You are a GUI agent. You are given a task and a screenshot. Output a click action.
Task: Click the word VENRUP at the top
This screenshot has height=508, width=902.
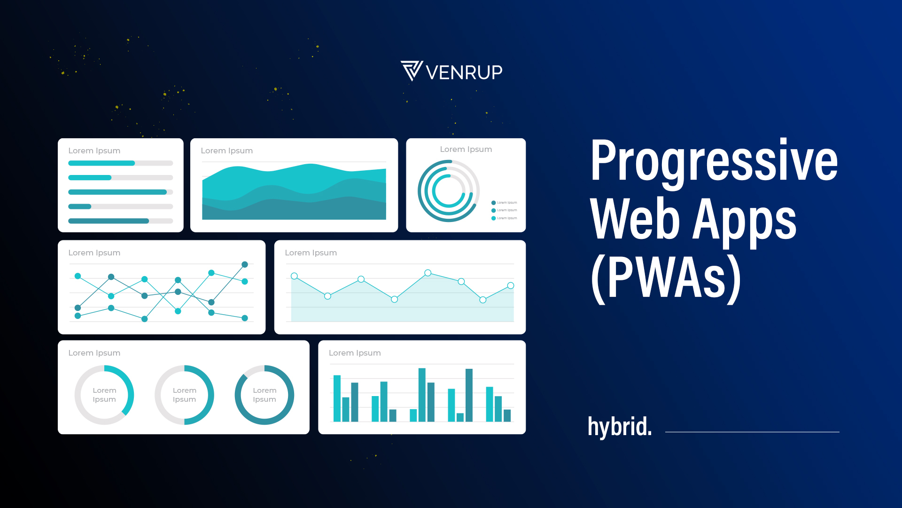464,72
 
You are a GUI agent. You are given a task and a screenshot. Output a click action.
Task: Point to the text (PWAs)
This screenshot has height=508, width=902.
666,278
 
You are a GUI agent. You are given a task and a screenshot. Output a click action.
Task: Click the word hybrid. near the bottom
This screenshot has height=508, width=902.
620,427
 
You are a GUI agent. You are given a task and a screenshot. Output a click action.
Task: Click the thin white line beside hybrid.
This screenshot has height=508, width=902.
752,432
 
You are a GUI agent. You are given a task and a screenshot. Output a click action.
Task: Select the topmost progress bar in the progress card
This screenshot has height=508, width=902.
121,163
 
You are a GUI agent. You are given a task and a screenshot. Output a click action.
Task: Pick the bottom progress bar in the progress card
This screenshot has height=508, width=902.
121,221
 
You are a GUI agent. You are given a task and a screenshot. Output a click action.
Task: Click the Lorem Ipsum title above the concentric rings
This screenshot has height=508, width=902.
466,149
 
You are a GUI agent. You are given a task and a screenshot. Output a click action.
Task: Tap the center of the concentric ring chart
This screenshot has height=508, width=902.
449,191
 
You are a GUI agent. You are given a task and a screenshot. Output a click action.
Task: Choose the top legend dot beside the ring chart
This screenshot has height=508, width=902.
493,203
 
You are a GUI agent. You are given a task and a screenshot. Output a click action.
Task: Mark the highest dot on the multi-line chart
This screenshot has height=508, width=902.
245,264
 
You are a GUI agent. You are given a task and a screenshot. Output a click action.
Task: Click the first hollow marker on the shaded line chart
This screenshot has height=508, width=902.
294,276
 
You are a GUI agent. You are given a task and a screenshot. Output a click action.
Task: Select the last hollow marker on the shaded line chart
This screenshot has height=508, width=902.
511,286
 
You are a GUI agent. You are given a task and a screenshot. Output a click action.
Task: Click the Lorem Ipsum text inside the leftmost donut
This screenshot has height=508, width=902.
104,395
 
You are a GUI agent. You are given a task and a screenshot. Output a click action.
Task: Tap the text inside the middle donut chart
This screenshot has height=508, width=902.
184,395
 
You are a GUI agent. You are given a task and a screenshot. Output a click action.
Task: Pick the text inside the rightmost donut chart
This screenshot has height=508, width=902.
264,395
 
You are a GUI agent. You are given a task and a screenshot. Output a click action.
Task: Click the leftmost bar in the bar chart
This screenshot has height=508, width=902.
337,398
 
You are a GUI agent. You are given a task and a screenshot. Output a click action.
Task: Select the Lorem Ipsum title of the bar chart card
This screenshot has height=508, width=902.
355,353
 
